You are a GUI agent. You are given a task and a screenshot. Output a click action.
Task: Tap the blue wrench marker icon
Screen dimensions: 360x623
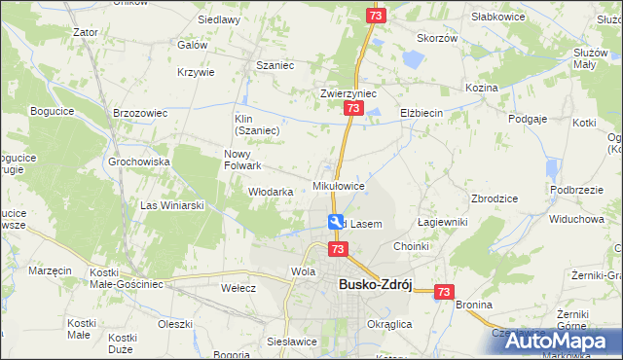[x=336, y=223]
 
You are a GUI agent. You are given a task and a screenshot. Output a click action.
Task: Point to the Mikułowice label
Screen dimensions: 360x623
[x=339, y=185]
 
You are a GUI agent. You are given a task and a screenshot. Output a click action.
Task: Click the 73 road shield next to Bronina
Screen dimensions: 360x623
[x=445, y=291]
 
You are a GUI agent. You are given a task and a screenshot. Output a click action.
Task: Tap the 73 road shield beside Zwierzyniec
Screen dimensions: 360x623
[x=350, y=113]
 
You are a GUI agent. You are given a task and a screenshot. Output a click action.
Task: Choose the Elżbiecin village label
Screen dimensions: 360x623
[x=421, y=113]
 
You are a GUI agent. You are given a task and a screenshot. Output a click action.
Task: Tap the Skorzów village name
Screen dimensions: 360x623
[x=437, y=38]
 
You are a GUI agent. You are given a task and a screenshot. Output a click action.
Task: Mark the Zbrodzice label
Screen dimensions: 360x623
[x=494, y=198]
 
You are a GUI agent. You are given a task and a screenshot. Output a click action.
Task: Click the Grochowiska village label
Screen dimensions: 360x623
[x=139, y=162]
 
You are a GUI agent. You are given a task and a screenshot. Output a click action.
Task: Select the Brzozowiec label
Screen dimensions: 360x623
[x=142, y=113]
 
